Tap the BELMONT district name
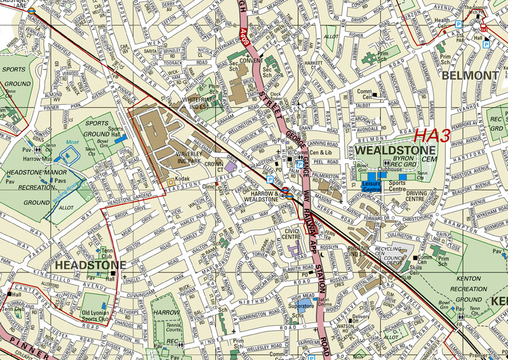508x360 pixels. tap(470, 76)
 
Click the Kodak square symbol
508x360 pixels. tap(170, 182)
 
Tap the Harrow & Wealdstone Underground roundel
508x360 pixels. tap(286, 192)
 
